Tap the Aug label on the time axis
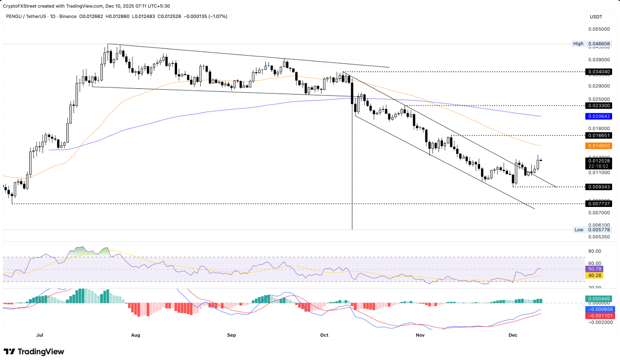point(136,335)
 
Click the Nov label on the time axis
point(420,335)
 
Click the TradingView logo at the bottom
point(34,352)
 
